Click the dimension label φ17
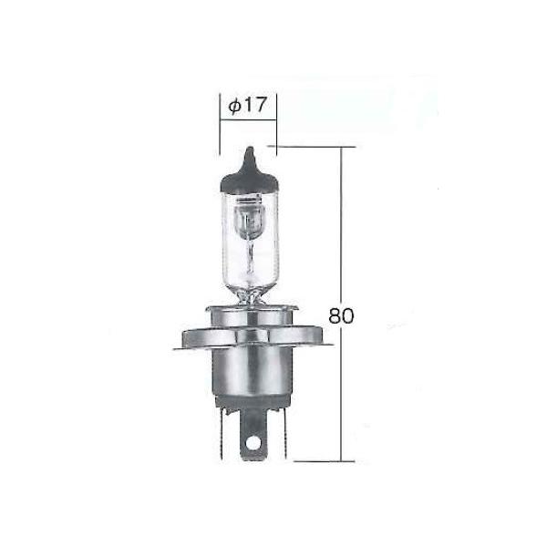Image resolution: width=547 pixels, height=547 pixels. pyautogui.click(x=247, y=105)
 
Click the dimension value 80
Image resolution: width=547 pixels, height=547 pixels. pyautogui.click(x=341, y=315)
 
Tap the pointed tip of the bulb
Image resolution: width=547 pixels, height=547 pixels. pyautogui.click(x=250, y=149)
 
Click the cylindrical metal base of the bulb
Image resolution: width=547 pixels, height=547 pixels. pyautogui.click(x=253, y=372)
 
